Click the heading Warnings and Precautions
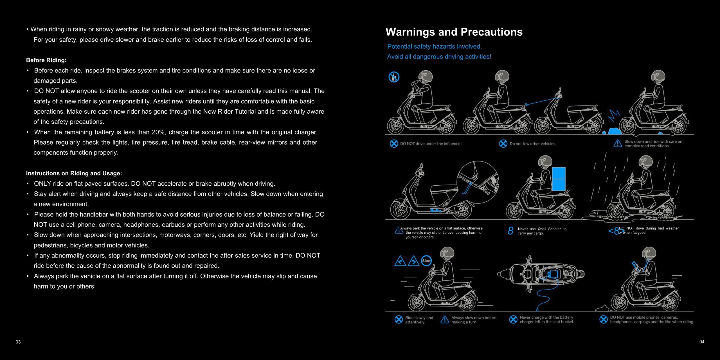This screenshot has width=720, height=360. [x=454, y=32]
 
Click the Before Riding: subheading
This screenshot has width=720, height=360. [x=46, y=60]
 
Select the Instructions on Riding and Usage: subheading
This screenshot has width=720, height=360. [x=74, y=173]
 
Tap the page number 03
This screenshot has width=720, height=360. [x=18, y=342]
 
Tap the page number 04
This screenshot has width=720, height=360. [x=702, y=342]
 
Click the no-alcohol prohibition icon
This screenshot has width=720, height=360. [x=394, y=77]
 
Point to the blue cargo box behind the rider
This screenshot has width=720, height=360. [x=559, y=179]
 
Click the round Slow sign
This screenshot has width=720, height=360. [x=426, y=261]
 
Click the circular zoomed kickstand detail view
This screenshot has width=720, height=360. [x=478, y=182]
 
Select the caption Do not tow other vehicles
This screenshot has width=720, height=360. [x=533, y=144]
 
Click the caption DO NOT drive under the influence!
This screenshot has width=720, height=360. [x=431, y=144]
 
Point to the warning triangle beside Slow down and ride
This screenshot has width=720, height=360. [x=618, y=143]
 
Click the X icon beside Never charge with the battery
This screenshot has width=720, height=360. [x=513, y=319]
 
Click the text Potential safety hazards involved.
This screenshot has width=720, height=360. [x=435, y=46]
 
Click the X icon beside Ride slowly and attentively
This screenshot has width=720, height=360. [x=399, y=319]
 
